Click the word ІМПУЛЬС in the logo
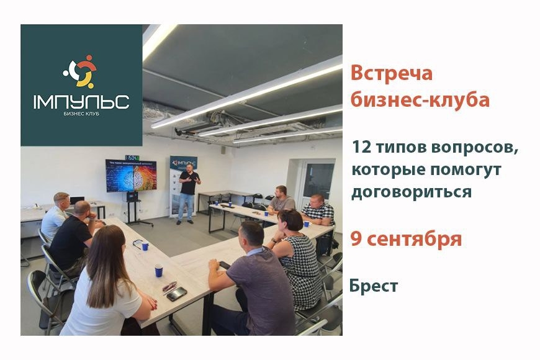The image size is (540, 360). pyautogui.click(x=81, y=101)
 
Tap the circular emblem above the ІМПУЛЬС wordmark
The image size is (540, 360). pyautogui.click(x=81, y=72)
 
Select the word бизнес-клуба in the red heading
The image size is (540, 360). pyautogui.click(x=420, y=99)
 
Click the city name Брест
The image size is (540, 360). pyautogui.click(x=373, y=286)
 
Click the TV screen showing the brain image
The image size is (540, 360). pyautogui.click(x=130, y=176)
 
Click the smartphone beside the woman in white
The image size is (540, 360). pyautogui.click(x=177, y=294)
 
